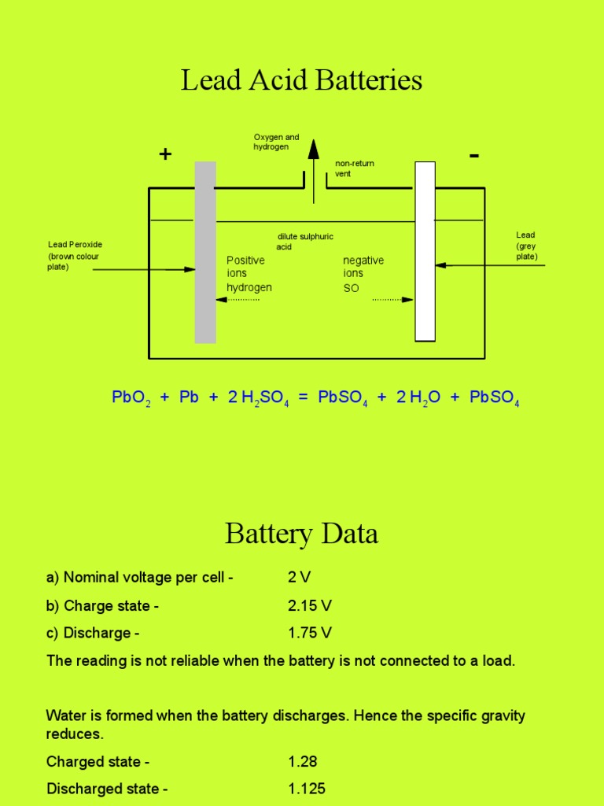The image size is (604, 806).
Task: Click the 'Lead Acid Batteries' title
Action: [301, 80]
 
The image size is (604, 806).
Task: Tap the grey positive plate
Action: [205, 252]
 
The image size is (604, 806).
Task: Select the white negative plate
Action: [425, 252]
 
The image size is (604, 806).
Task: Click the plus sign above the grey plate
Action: [165, 154]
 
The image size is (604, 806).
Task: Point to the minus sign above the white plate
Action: [473, 156]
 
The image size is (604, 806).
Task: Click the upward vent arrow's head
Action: [314, 150]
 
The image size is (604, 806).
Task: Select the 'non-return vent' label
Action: [355, 168]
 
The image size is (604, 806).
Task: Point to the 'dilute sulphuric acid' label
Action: [305, 241]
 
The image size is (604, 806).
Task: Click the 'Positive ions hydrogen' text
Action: [249, 274]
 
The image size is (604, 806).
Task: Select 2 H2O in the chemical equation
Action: [417, 397]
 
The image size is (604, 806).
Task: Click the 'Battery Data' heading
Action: [301, 534]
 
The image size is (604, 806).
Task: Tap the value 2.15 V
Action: [310, 606]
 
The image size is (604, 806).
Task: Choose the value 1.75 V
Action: [310, 633]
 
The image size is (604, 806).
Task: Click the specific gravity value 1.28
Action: [303, 761]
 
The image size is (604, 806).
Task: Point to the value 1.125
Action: [307, 789]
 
